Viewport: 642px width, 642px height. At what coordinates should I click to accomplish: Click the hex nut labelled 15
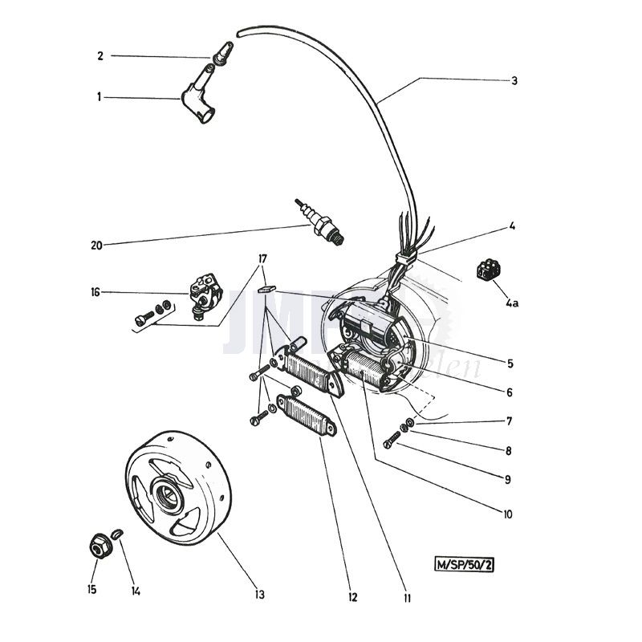[x=100, y=547]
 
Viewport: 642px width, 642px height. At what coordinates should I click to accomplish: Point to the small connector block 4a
[x=486, y=269]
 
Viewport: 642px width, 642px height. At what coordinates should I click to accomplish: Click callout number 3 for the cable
[x=514, y=80]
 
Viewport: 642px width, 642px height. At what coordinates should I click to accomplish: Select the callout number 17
[x=262, y=258]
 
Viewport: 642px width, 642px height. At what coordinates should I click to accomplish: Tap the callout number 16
[x=95, y=292]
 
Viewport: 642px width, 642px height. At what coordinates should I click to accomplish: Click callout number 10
[x=508, y=514]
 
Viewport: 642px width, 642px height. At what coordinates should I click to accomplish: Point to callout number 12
[x=353, y=597]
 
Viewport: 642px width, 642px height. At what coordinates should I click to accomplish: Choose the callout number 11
[x=407, y=597]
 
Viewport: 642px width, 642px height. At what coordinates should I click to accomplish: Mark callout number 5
[x=510, y=363]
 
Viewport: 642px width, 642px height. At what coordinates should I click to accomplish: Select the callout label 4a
[x=512, y=303]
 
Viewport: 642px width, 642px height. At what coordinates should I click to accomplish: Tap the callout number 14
[x=136, y=591]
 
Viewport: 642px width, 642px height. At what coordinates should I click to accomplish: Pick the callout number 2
[x=100, y=55]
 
